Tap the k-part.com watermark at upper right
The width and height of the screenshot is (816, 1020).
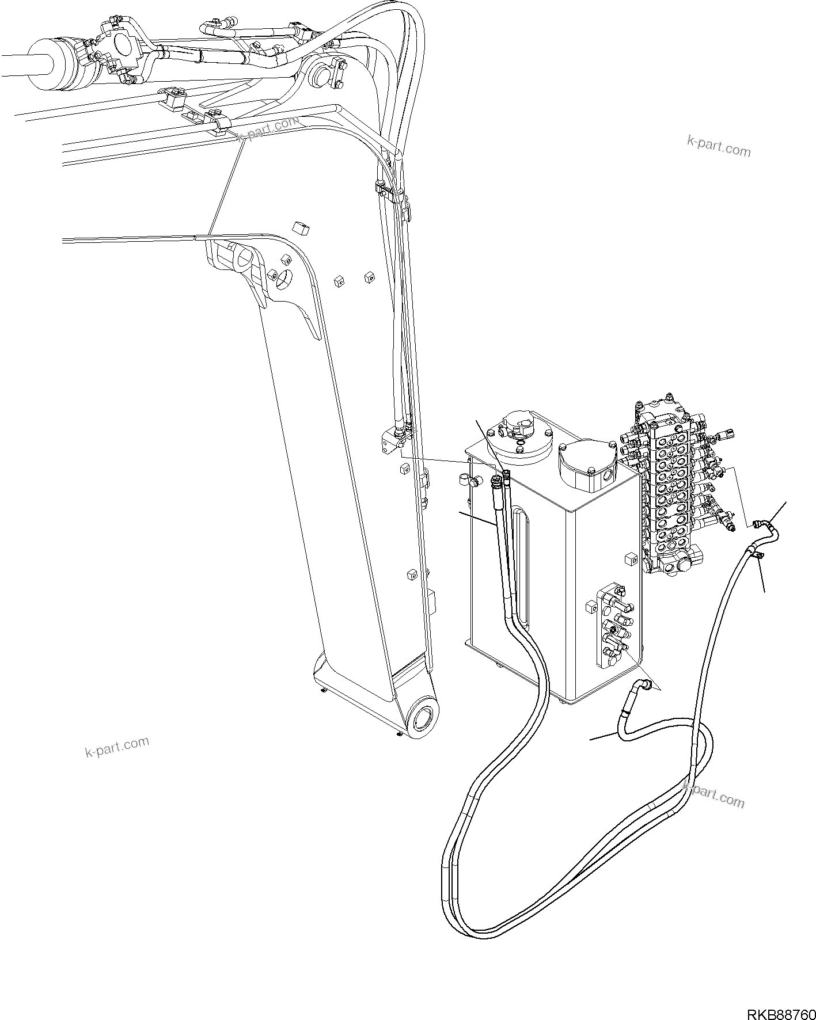click(x=719, y=146)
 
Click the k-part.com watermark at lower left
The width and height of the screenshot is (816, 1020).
click(x=117, y=747)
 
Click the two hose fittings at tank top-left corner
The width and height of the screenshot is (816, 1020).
click(x=500, y=477)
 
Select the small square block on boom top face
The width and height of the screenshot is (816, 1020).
click(x=301, y=229)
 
